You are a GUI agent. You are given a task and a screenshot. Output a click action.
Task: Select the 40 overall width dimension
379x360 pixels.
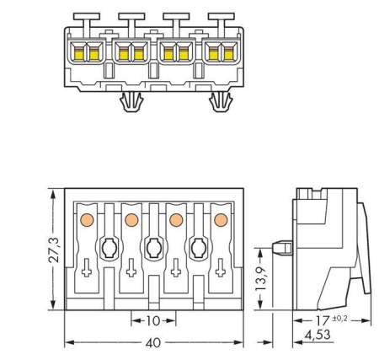click(153, 344)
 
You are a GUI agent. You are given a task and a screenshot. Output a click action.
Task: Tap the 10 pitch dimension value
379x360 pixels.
click(153, 321)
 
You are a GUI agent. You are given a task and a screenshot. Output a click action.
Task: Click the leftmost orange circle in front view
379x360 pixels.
click(86, 220)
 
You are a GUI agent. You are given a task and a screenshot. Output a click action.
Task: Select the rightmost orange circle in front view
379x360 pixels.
click(221, 220)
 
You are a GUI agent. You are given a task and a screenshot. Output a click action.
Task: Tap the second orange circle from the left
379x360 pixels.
click(131, 220)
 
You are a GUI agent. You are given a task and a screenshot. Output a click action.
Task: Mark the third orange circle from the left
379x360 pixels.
click(176, 220)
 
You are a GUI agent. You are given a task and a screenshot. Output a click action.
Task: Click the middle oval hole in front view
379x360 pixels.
click(153, 248)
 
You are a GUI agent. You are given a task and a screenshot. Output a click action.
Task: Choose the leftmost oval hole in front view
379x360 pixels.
click(109, 248)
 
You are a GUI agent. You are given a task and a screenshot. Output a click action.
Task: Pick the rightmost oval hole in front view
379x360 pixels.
click(199, 248)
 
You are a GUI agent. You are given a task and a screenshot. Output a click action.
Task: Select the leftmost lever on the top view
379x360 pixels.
click(85, 18)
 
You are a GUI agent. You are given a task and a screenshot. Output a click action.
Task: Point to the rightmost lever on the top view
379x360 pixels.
click(220, 18)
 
